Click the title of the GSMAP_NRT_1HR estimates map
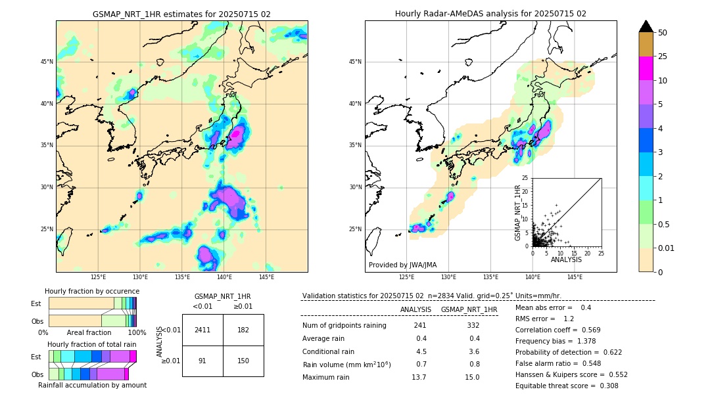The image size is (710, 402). point(181,14)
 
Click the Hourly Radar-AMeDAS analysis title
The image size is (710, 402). point(490,14)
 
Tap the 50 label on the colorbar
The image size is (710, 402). point(663,33)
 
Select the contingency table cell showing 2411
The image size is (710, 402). point(202,330)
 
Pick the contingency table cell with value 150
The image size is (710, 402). point(243,361)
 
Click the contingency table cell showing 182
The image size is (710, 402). point(243,330)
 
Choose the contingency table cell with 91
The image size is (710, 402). point(202,361)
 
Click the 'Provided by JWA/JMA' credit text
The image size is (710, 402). point(402,265)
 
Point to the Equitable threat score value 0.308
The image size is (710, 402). point(603,386)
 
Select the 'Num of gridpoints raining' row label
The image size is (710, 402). point(344,326)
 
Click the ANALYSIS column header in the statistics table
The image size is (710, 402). point(415,309)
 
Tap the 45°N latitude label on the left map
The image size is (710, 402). point(47,62)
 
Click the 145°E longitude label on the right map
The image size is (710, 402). point(575,277)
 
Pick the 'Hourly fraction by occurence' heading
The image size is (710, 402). point(92,291)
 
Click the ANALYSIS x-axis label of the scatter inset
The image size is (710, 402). point(566,259)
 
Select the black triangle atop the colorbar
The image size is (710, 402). point(646,26)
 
